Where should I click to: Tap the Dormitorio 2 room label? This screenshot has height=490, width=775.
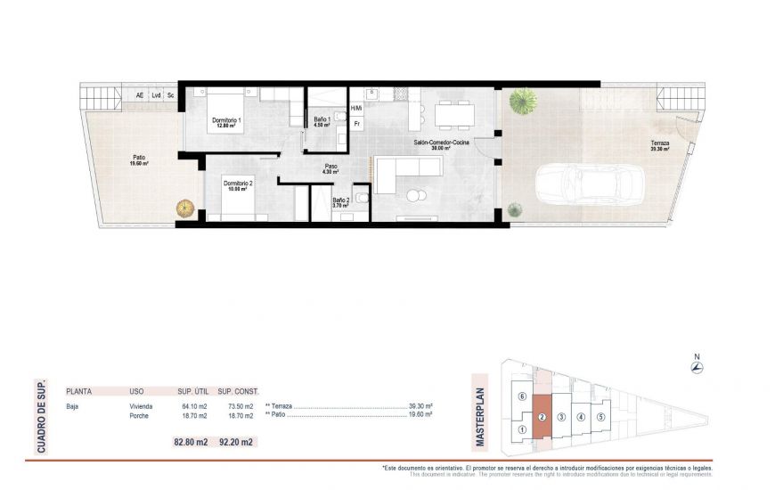point(237,185)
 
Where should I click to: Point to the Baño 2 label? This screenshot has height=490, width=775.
point(339,203)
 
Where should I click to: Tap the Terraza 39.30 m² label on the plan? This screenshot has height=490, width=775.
point(659,146)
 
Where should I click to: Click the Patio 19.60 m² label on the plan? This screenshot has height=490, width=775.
point(139,160)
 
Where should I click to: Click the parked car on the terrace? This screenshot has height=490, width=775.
point(589,184)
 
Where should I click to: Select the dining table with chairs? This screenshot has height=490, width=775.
point(453,115)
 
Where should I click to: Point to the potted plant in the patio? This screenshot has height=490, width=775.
point(185,208)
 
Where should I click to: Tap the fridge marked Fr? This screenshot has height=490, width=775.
point(356,124)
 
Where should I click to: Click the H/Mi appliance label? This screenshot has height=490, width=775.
point(356,109)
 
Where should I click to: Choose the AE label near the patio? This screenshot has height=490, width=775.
point(139,95)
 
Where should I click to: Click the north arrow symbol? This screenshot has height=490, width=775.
point(697,367)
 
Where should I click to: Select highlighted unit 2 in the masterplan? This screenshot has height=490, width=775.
point(542,417)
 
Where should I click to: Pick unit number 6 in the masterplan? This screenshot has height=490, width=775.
point(522,396)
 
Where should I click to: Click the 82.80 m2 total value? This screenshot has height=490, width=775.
point(191,441)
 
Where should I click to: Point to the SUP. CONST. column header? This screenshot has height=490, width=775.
point(238,390)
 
